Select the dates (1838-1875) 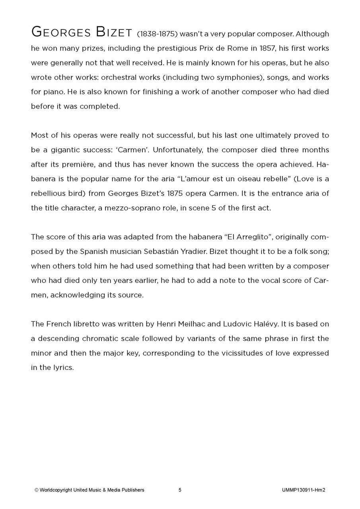coord(157,34)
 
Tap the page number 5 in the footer coord(180,490)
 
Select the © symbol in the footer coord(36,490)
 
